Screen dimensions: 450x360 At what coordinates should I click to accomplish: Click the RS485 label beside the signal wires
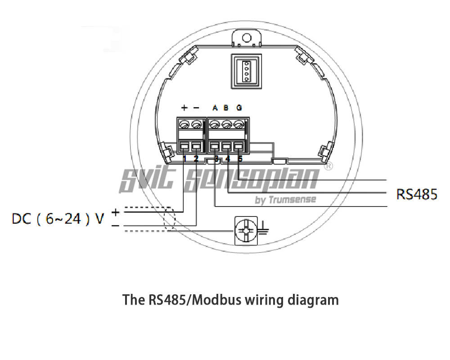pos(416,194)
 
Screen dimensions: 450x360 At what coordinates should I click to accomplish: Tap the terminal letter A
pos(215,108)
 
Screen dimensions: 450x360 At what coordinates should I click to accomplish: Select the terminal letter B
pos(226,108)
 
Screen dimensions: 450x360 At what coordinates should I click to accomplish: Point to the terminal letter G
pos(239,108)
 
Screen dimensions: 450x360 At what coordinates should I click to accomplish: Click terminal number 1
pos(184,158)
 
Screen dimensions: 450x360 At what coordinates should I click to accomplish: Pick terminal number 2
pos(196,158)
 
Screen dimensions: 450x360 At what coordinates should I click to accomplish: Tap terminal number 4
pos(228,158)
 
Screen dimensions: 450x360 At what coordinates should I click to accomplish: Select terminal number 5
pos(240,158)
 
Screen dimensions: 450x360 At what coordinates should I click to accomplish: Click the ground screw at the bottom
pos(246,231)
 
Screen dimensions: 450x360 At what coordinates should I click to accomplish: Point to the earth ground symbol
pos(264,229)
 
